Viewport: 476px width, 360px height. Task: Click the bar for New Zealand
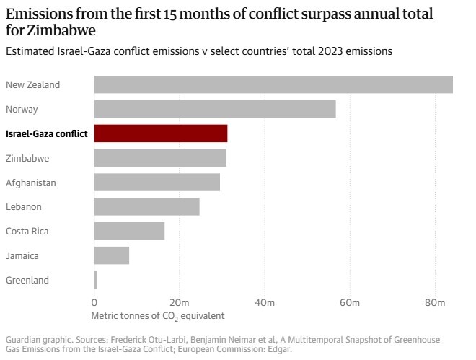point(273,84)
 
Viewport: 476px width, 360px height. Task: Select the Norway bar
point(215,109)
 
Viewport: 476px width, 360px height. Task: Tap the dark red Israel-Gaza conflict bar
point(161,133)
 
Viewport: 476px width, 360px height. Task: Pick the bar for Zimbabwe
point(160,158)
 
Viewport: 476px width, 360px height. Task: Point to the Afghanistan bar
point(157,183)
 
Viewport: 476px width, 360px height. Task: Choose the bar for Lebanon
point(147,206)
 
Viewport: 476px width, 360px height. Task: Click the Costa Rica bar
point(130,231)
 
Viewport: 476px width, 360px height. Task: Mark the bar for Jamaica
point(112,255)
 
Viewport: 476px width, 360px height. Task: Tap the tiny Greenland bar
point(96,280)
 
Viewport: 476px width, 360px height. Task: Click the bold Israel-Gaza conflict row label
point(46,133)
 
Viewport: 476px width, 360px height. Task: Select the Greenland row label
point(28,280)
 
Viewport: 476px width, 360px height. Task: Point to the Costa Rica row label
point(27,231)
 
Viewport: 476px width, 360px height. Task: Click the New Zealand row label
point(32,84)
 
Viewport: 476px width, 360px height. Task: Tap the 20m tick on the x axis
point(180,302)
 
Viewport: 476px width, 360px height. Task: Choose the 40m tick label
point(265,302)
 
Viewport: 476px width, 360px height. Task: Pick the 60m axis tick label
point(350,302)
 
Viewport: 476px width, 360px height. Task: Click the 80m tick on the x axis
point(435,302)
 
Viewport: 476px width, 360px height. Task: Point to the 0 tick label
point(94,302)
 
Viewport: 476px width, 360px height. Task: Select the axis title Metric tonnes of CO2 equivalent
point(158,315)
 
